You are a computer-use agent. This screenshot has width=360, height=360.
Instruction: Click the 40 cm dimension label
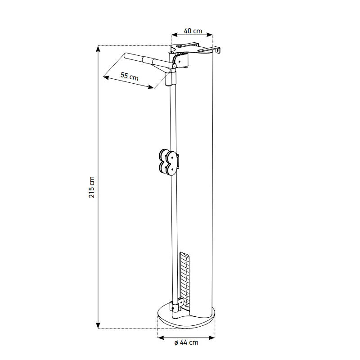(x=193, y=31)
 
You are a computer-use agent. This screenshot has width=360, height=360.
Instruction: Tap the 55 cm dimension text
(x=130, y=76)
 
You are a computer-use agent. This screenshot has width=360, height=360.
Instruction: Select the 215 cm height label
(x=92, y=187)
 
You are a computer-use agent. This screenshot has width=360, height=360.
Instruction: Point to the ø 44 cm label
(x=186, y=342)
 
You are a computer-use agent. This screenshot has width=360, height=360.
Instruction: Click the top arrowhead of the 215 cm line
(x=98, y=48)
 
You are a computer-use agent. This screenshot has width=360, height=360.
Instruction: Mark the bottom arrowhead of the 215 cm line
(x=98, y=326)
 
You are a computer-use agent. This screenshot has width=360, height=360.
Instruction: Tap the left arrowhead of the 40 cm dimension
(x=175, y=35)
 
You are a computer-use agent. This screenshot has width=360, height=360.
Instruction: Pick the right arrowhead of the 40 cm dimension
(x=210, y=35)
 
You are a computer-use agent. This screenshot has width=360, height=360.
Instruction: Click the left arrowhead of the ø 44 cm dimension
(x=161, y=337)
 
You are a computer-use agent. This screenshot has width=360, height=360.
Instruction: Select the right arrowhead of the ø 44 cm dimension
(x=212, y=337)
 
